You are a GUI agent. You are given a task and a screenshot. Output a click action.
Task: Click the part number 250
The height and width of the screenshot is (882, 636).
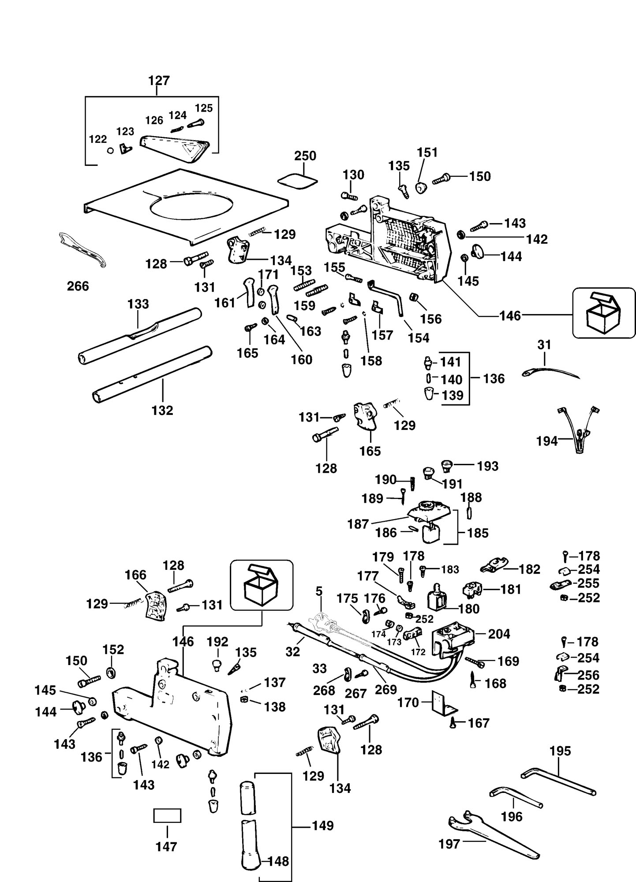305,156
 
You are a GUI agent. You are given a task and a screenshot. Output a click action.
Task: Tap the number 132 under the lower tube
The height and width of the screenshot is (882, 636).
162,410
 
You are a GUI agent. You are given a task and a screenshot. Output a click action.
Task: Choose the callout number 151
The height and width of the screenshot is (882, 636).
427,152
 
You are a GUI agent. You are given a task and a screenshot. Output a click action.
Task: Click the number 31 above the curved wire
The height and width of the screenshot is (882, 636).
544,345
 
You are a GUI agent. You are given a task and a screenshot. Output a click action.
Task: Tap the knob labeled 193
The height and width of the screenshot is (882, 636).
446,466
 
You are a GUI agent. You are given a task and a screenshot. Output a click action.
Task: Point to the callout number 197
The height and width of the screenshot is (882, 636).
449,844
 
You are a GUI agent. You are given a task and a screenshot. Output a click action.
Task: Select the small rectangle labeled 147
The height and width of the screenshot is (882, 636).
167,815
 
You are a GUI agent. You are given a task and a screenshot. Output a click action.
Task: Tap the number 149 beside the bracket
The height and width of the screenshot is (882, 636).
323,826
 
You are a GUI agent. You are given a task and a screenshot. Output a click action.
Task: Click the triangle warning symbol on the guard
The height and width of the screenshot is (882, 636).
191,150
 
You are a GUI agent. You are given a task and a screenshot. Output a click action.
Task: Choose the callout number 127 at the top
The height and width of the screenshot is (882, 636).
159,81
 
